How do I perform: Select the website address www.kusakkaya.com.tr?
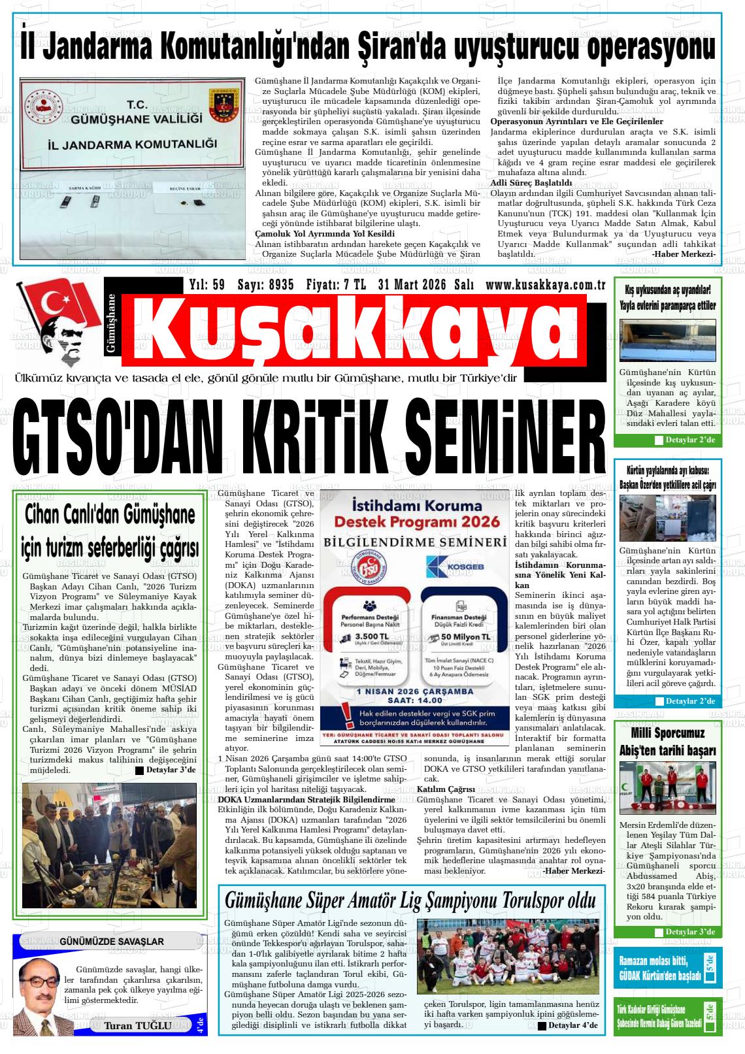point(546,285)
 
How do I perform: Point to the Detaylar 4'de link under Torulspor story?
point(567,1025)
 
